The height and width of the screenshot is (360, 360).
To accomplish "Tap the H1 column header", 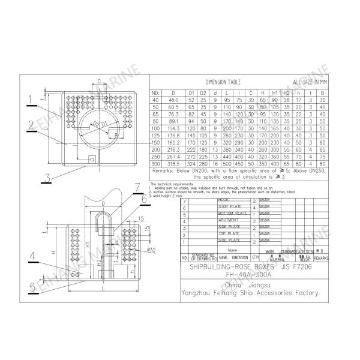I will tap(274, 92).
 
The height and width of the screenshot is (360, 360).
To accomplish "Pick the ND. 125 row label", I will tap(155, 136).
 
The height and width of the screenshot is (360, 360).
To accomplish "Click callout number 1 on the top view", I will tap(29, 97).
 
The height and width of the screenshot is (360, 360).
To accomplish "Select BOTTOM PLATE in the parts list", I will tap(233, 213).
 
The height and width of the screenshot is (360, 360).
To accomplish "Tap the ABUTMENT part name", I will tap(228, 220).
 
